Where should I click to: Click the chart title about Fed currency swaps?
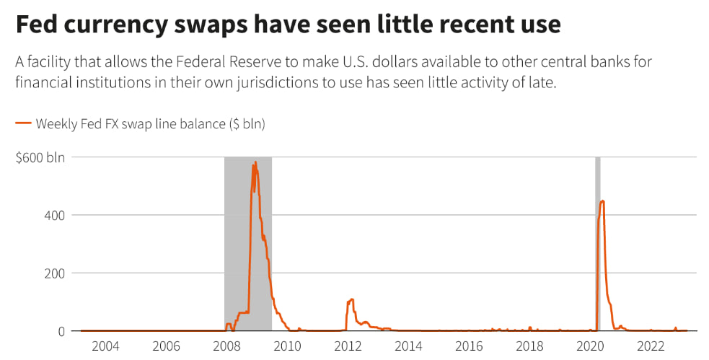point(288,25)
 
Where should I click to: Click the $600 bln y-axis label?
point(40,157)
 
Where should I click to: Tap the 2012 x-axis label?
point(348,347)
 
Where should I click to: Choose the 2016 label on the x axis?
point(469,347)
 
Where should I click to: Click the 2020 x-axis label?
point(590,347)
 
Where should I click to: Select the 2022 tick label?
point(651,347)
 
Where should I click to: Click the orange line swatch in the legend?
point(23,124)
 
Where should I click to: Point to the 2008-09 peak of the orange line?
point(255,162)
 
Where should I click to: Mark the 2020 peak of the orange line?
point(602,201)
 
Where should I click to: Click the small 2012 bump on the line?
point(351,299)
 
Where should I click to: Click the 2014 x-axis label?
point(408,347)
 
